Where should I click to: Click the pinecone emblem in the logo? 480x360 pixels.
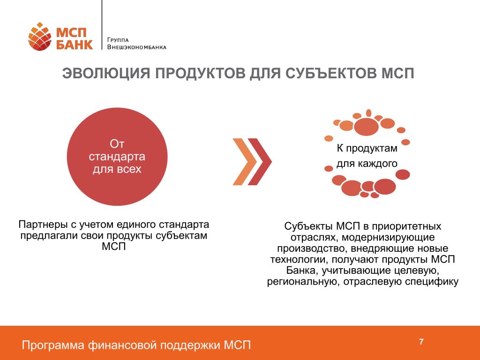(x=40, y=37)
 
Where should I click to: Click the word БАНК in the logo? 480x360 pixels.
(x=75, y=45)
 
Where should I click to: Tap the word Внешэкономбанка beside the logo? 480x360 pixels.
(x=137, y=47)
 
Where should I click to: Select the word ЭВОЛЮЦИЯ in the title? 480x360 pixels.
(x=106, y=74)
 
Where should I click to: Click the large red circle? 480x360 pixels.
(x=117, y=157)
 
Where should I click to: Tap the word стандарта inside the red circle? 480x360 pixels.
(x=117, y=157)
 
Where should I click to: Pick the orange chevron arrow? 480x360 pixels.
(x=245, y=162)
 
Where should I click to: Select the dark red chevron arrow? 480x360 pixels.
(x=260, y=162)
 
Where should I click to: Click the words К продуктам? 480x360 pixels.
(x=367, y=148)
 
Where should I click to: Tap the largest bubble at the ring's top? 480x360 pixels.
(x=366, y=126)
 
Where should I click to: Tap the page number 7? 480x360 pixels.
(x=421, y=342)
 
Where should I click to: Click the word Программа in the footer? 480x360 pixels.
(x=53, y=345)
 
